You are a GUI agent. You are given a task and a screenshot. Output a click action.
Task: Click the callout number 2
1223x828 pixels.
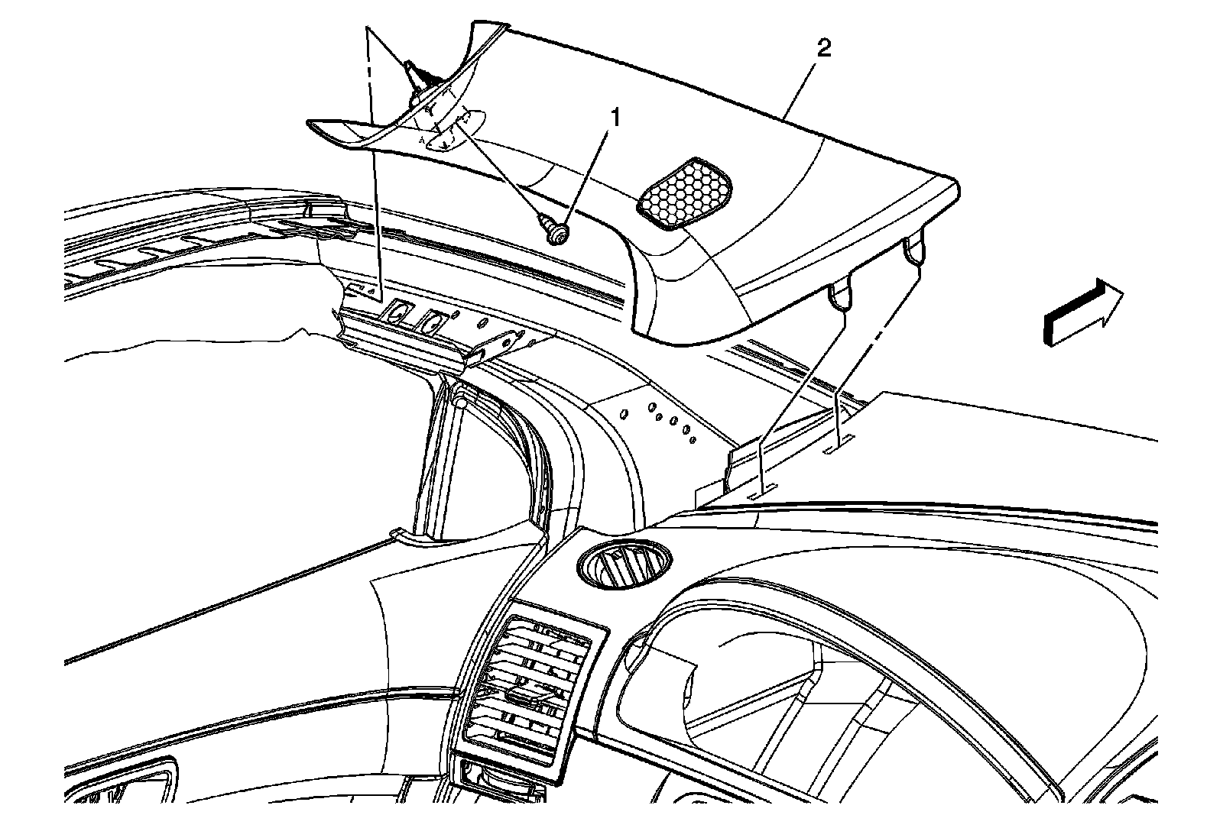point(824,50)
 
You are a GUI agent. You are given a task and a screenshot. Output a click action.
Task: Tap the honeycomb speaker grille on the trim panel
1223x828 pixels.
point(683,193)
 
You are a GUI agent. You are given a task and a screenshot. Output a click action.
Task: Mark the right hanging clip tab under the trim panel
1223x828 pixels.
point(913,249)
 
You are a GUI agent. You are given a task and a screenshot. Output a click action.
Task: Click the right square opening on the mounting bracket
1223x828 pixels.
point(433,322)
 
